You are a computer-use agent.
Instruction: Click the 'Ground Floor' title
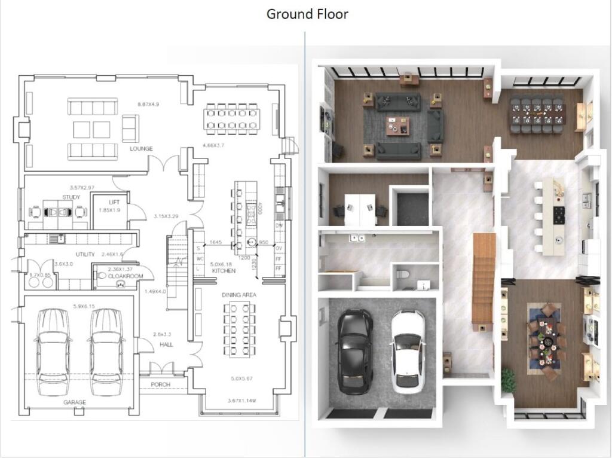307,14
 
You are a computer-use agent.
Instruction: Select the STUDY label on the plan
71,197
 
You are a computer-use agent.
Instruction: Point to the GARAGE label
75,402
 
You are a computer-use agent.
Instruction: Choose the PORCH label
161,384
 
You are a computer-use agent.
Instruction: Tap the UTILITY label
85,254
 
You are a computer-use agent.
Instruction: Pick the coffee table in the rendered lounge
398,124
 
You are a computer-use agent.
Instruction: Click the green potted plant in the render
508,380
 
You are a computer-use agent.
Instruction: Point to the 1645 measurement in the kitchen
216,242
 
